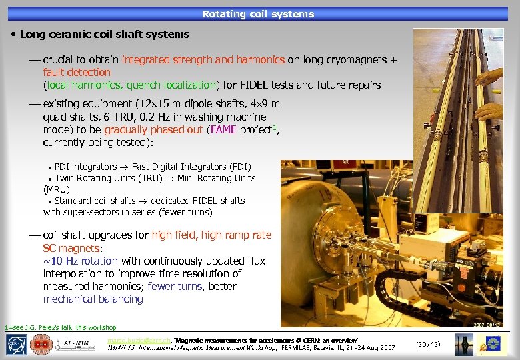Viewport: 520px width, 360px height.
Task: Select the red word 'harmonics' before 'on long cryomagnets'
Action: click(x=262, y=59)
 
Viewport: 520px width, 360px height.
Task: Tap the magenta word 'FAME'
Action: click(x=223, y=129)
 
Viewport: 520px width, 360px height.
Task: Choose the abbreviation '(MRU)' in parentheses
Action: click(x=57, y=189)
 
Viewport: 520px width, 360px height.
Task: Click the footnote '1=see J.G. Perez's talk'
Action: click(x=61, y=327)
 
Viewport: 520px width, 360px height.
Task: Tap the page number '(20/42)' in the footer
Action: click(x=428, y=345)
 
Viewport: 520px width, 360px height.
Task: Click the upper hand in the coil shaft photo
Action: click(x=491, y=76)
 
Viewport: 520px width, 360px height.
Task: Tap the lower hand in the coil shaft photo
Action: click(x=491, y=111)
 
